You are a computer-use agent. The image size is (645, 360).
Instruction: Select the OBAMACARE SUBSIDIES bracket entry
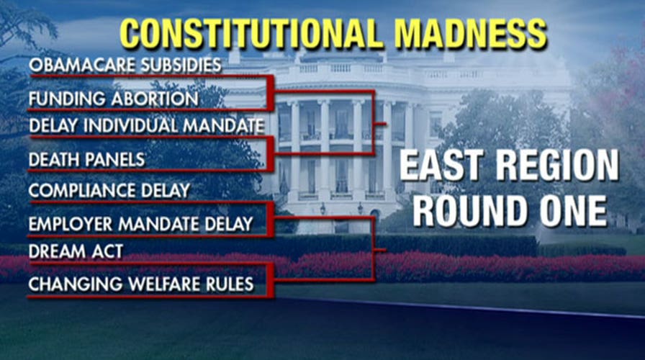point(125,65)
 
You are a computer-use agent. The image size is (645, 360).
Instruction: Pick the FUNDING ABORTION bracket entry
point(113,98)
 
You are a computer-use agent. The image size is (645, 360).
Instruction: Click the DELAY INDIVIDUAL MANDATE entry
point(146,126)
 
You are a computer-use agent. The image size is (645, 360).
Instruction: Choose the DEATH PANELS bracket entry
point(86,158)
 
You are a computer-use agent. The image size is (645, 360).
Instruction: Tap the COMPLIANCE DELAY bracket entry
point(109,191)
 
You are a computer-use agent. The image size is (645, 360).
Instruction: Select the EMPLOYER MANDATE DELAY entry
point(141,224)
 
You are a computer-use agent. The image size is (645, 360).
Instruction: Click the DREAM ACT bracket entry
point(76,252)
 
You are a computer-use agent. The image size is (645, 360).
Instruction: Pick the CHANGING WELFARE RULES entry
point(141,284)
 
